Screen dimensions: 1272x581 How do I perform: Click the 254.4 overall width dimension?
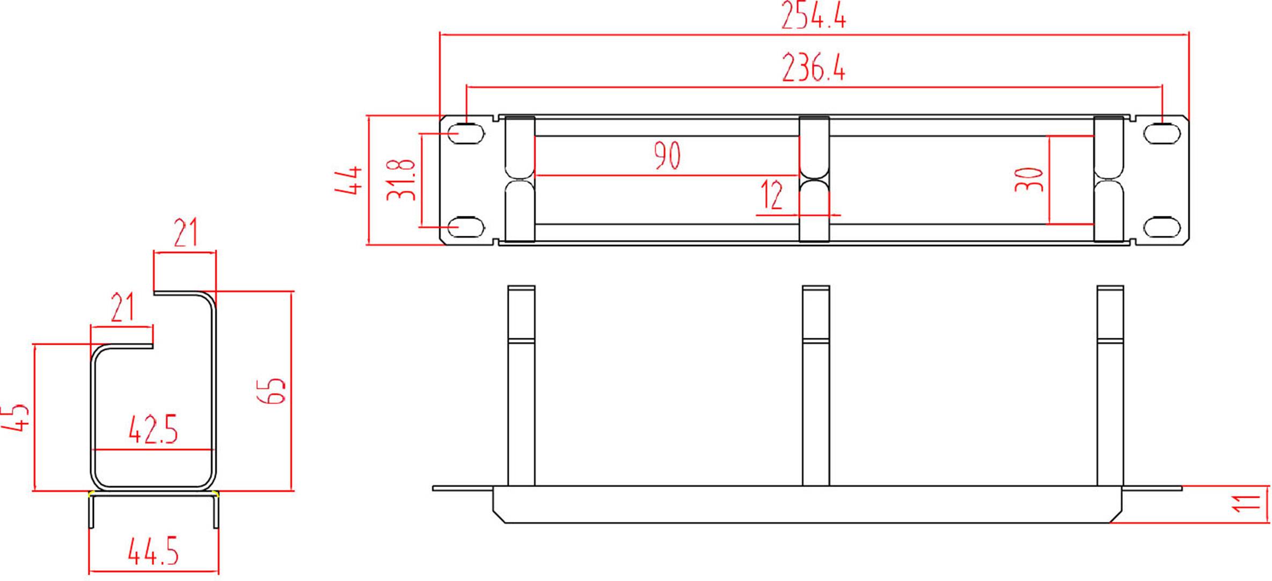point(813,15)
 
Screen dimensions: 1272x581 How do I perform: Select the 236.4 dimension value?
point(813,68)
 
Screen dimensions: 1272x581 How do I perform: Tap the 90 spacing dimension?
point(667,156)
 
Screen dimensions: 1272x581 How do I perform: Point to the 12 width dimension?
point(772,195)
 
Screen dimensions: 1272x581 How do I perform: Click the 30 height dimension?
point(1029,179)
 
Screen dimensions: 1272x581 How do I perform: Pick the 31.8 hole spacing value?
point(401,180)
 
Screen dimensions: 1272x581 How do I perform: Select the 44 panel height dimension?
point(348,180)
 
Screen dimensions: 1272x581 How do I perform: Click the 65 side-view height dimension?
point(272,390)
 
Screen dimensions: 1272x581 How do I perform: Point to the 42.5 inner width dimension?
point(153,430)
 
